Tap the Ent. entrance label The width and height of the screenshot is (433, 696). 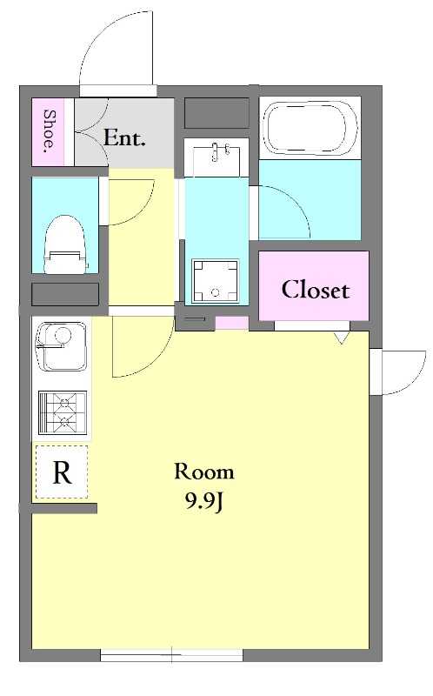[124, 138]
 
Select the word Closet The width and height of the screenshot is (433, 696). [315, 290]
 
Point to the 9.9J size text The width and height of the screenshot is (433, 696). [203, 502]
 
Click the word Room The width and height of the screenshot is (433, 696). [204, 472]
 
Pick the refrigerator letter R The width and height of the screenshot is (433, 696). [62, 472]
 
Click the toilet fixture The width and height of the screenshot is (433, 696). [64, 244]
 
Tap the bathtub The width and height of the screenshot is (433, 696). [310, 128]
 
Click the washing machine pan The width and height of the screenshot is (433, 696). [215, 280]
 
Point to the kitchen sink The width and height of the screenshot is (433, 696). [61, 346]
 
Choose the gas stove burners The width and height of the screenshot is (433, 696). [62, 412]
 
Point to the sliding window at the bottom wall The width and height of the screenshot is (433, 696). [171, 655]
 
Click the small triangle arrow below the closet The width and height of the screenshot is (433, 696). [342, 338]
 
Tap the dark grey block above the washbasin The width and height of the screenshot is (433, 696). [216, 113]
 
